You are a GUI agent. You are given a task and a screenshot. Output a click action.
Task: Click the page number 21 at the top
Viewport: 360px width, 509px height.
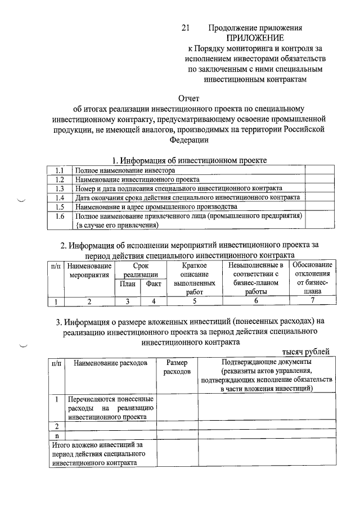click(187, 28)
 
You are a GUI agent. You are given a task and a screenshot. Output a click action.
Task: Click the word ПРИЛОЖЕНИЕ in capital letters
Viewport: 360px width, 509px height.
click(255, 38)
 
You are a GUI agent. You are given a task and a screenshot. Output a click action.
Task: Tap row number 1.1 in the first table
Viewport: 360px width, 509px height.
click(59, 170)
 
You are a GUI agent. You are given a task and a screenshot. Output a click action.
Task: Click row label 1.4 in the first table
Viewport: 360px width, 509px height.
click(59, 197)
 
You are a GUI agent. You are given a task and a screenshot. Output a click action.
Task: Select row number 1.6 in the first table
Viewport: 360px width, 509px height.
click(59, 216)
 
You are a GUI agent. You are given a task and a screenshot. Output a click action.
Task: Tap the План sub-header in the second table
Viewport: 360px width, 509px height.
click(128, 285)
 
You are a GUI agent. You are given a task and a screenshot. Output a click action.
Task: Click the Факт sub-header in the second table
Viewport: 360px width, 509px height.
click(154, 285)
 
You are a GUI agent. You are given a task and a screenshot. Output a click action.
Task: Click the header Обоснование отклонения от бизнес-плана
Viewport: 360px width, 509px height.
click(313, 278)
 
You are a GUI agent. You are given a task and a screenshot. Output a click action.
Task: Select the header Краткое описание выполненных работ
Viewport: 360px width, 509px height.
click(195, 278)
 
